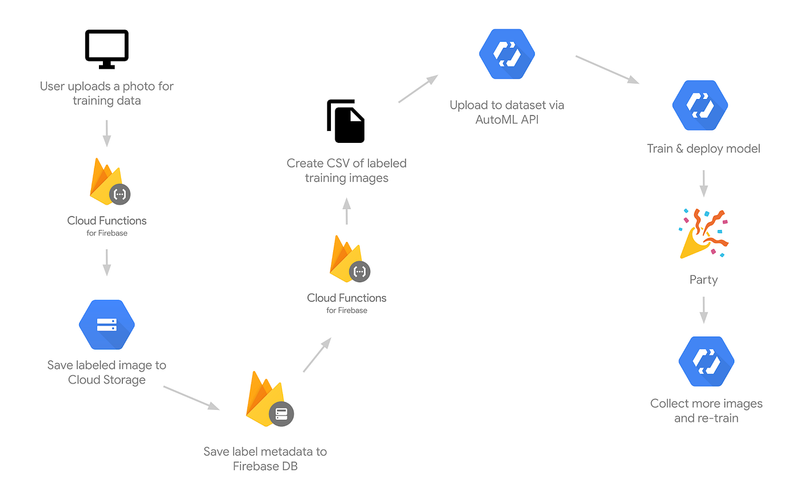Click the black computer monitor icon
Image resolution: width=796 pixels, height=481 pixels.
point(107,49)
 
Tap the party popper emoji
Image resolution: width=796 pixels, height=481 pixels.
point(703,234)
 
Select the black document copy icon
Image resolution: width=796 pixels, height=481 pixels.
point(346,121)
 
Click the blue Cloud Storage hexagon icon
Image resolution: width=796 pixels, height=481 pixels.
point(107,324)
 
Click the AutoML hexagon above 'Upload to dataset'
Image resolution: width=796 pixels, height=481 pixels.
point(507,54)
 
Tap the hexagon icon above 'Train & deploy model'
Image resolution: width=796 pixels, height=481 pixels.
point(700,105)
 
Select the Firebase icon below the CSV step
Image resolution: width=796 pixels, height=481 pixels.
point(348,258)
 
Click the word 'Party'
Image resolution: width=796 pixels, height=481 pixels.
point(703,279)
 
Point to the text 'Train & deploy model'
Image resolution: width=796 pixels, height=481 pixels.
point(703,149)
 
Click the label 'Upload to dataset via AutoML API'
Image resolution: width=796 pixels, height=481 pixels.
point(507,112)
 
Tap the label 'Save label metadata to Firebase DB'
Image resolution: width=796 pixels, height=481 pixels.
point(265,459)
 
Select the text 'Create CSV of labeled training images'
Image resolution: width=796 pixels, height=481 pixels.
point(346,170)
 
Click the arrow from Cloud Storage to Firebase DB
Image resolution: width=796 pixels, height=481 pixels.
point(191,397)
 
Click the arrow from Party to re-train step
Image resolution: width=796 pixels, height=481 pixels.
point(703,309)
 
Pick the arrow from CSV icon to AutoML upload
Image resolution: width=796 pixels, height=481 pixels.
point(418,89)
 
